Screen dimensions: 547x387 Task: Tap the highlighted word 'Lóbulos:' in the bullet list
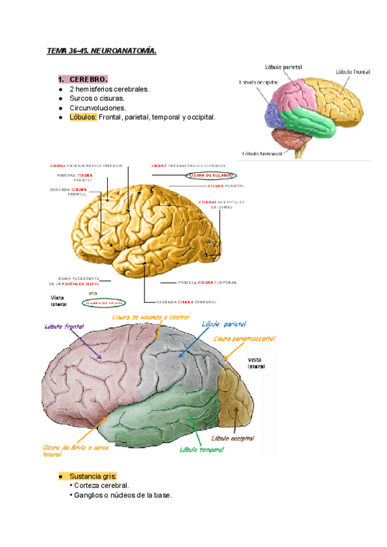(83, 117)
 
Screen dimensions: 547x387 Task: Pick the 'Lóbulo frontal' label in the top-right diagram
(352, 72)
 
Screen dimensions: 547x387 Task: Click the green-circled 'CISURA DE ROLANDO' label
(210, 175)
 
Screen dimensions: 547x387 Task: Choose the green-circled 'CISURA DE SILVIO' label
(103, 303)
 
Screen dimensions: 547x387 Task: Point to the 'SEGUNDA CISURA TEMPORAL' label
(187, 302)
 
